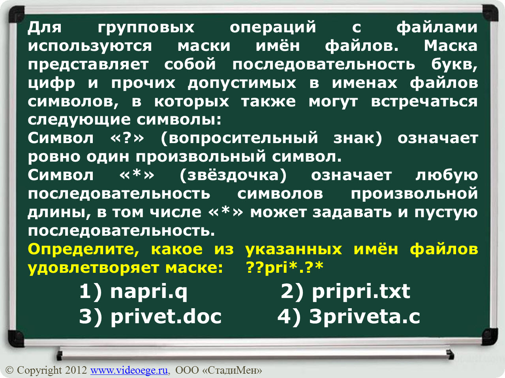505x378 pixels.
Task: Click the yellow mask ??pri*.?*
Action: click(x=285, y=267)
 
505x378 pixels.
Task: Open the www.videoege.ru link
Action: click(x=129, y=370)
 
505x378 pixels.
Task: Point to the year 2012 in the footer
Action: click(x=76, y=370)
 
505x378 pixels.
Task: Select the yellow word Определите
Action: click(x=83, y=250)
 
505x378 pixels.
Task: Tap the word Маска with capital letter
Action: click(x=451, y=46)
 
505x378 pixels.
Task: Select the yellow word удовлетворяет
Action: click(x=94, y=268)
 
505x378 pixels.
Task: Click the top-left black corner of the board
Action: click(x=17, y=14)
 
